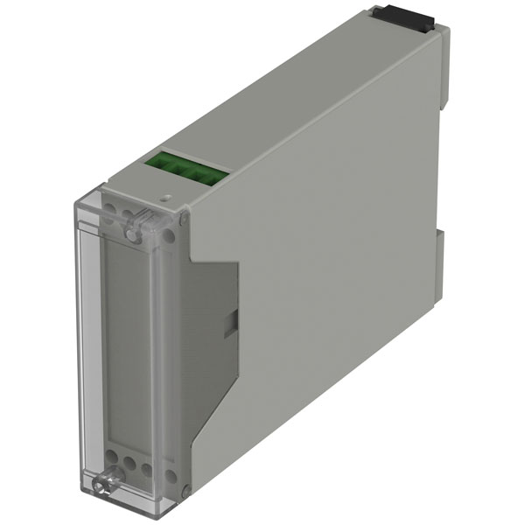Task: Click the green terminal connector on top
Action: [186, 170]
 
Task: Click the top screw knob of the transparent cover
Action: [133, 231]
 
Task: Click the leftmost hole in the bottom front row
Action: [113, 458]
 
